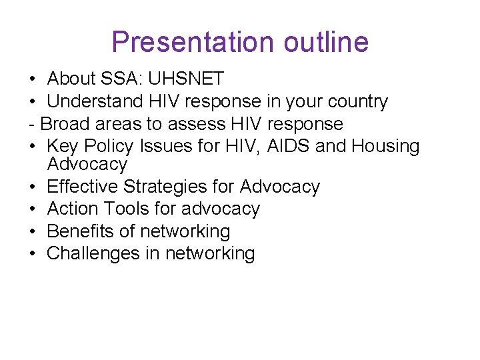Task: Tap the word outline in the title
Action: [325, 42]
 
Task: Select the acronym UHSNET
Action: [186, 79]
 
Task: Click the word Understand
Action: [95, 102]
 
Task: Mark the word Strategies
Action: [173, 187]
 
